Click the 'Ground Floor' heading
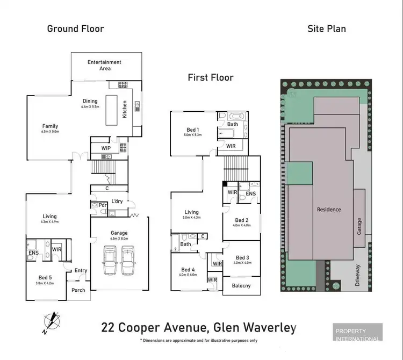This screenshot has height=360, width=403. pyautogui.click(x=76, y=28)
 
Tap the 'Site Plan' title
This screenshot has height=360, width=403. pyautogui.click(x=326, y=28)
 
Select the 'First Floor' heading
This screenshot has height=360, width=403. pyautogui.click(x=211, y=77)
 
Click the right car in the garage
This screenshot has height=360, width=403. pyautogui.click(x=128, y=260)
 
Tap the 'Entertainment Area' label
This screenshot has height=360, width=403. pyautogui.click(x=104, y=65)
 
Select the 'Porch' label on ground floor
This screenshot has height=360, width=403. pyautogui.click(x=78, y=291)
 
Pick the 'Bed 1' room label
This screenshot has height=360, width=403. pyautogui.click(x=192, y=130)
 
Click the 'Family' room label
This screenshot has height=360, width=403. pyautogui.click(x=50, y=127)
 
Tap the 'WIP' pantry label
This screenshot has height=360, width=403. pyautogui.click(x=106, y=147)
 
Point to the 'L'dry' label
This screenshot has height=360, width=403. pyautogui.click(x=118, y=201)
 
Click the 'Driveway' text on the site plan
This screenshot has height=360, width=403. pyautogui.click(x=357, y=275)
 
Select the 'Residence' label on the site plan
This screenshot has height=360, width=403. pyautogui.click(x=329, y=210)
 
